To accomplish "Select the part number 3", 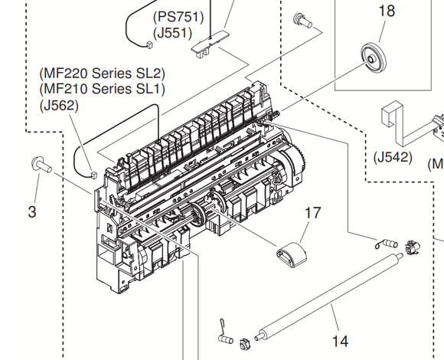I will pos(32,211).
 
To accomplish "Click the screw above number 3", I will pos(39,163).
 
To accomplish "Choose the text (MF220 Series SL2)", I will pos(101,74).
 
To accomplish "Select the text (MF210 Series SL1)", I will pos(101,90).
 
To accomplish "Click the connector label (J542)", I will pos(393,158).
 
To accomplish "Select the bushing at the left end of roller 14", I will pos(243,342).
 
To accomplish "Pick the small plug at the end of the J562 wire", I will pos(92,174).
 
